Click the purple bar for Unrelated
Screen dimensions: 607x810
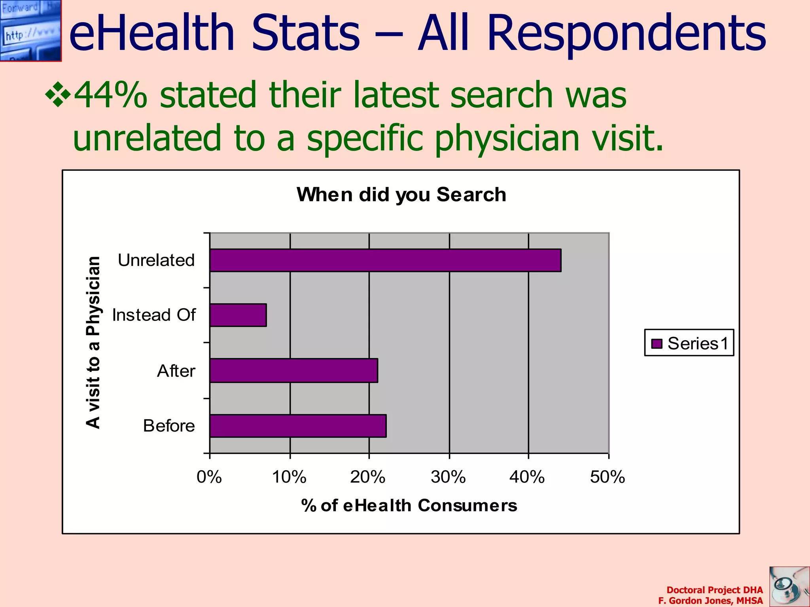(385, 260)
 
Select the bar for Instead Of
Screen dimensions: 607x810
(238, 315)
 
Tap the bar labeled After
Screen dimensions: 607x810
(293, 371)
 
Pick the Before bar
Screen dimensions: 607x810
(298, 426)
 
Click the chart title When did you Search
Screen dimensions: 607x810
(401, 194)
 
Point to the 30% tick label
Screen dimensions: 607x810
(448, 477)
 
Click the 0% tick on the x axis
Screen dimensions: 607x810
(209, 477)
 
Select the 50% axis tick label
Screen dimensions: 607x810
(607, 477)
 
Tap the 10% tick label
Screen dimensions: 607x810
(289, 477)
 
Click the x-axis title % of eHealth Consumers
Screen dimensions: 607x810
(409, 505)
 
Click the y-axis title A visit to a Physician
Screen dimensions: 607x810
(93, 342)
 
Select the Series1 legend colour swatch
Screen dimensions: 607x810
(657, 343)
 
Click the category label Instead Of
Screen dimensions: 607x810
(154, 315)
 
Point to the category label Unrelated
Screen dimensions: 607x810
(156, 260)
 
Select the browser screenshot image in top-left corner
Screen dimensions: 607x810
(30, 30)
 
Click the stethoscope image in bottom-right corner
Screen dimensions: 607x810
(789, 586)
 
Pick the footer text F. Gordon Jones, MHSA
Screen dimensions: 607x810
(710, 601)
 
